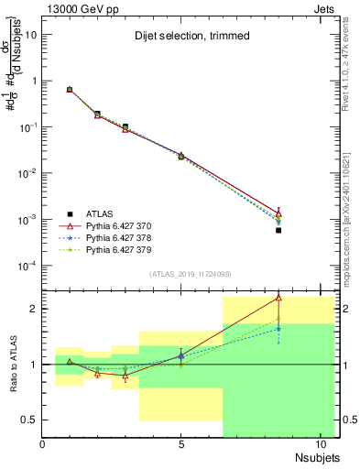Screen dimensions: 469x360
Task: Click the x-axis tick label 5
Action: (x=181, y=445)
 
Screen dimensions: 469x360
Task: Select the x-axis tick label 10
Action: (x=320, y=445)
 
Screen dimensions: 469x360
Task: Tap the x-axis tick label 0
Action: (x=43, y=445)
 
